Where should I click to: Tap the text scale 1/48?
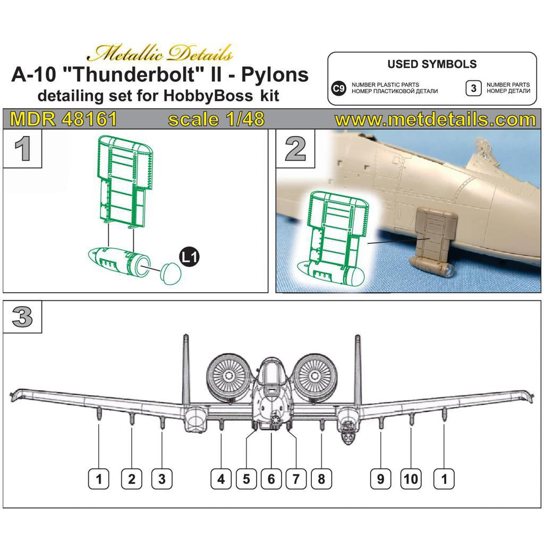(x=216, y=119)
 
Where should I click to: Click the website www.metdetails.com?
(x=436, y=119)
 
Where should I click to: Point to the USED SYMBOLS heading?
(x=431, y=64)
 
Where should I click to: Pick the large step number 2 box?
(x=295, y=149)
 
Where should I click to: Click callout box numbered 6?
(x=271, y=479)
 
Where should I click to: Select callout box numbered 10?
(x=411, y=479)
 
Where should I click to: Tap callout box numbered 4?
(x=221, y=479)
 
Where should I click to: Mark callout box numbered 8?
(x=321, y=479)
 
